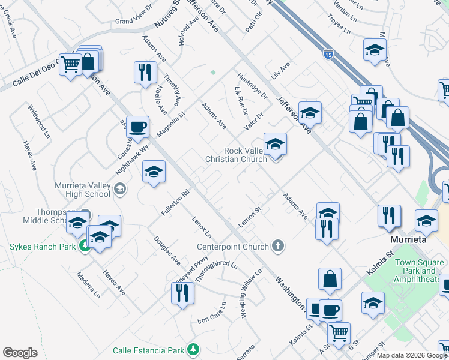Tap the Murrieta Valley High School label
(82, 190)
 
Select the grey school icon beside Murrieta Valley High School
(119, 190)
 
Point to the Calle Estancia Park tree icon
(193, 349)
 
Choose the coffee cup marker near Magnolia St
(137, 127)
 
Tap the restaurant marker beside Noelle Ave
(145, 73)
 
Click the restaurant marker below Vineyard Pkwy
(181, 293)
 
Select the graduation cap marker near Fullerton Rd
(154, 172)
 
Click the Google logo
(20, 353)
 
